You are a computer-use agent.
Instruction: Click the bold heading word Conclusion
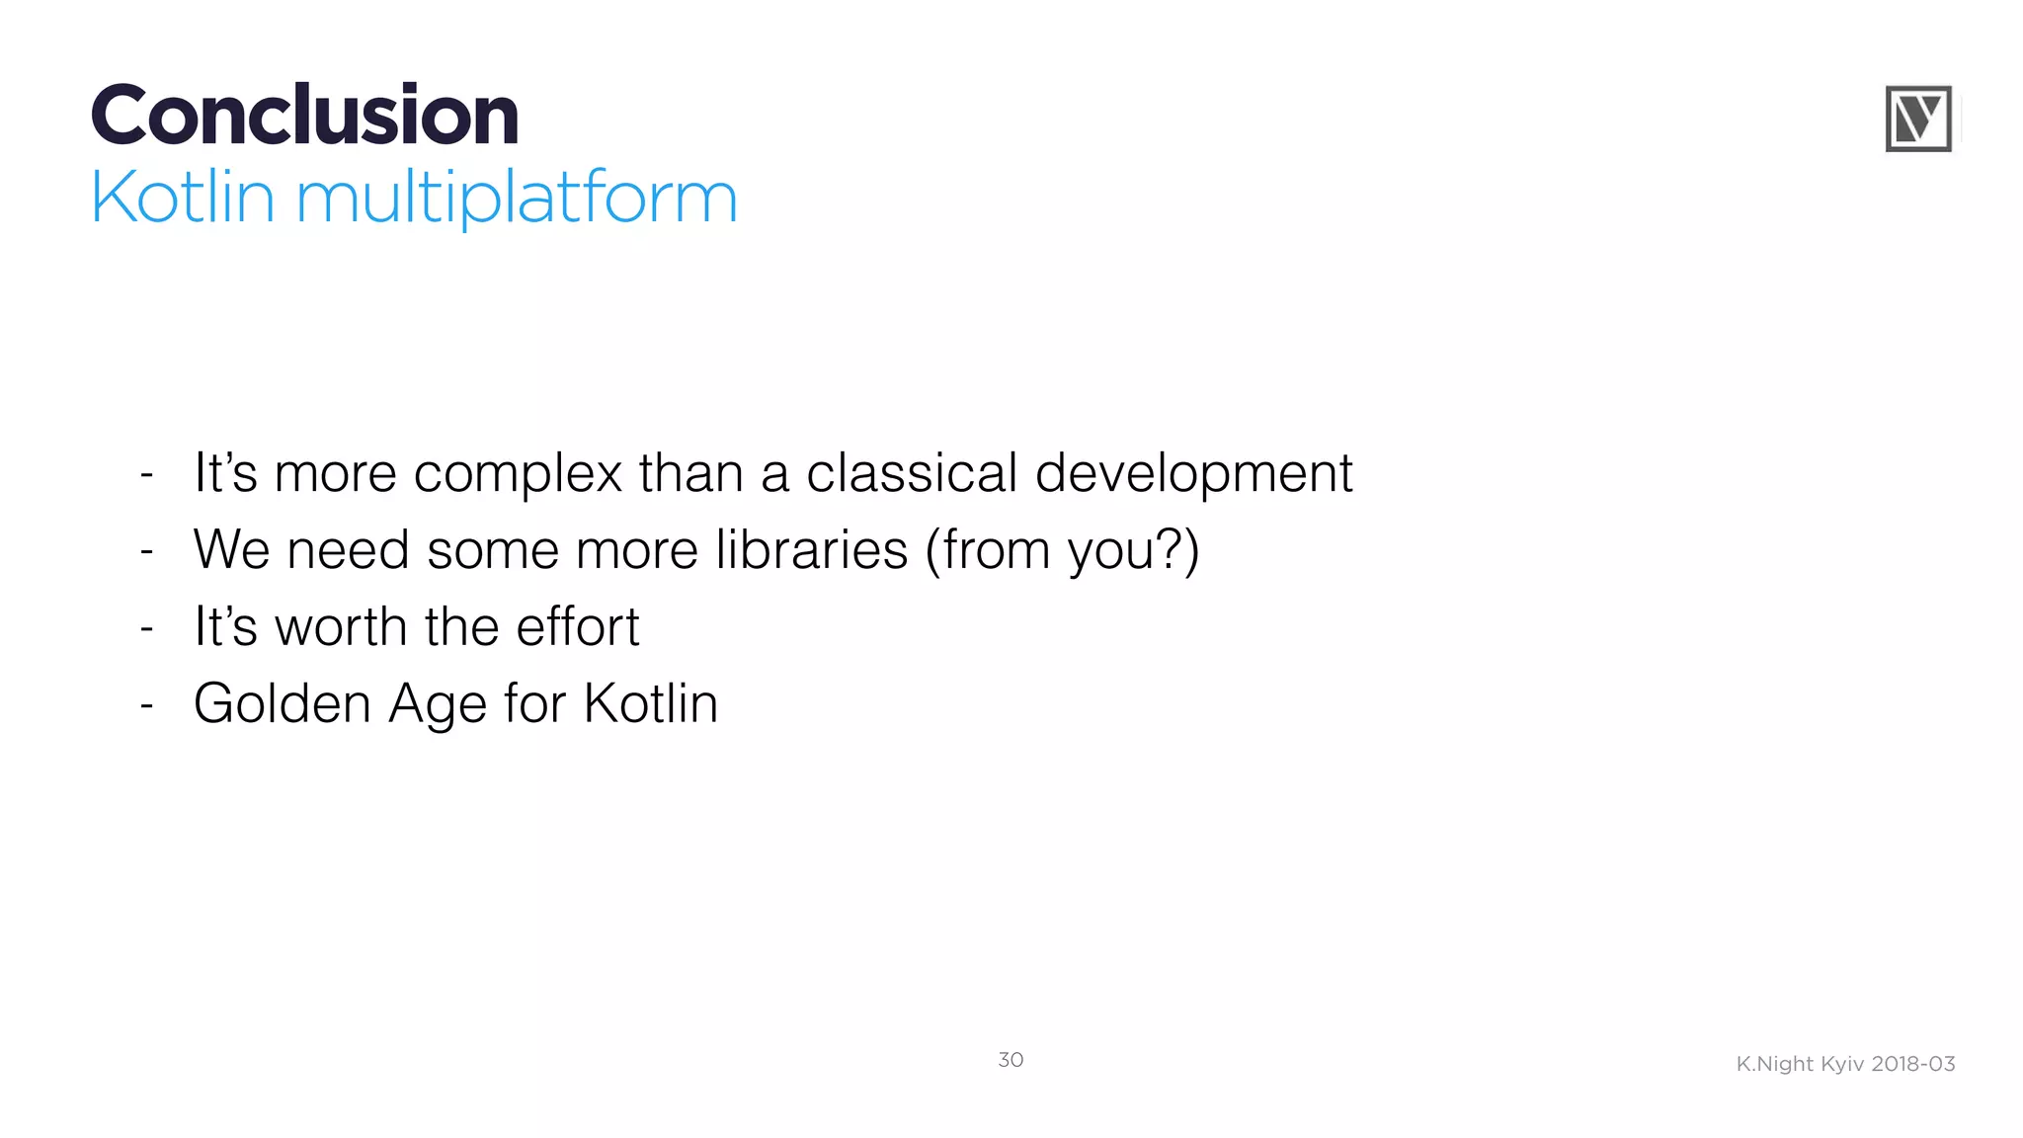tap(304, 116)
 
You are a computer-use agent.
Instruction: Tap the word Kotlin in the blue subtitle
tap(183, 198)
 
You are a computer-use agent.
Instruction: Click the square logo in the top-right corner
tap(1918, 119)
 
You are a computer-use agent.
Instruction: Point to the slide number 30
tap(1011, 1060)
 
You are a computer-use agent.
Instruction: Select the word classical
tap(911, 472)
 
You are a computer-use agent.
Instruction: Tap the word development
tap(1193, 474)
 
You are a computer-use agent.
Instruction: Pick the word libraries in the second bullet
tap(811, 549)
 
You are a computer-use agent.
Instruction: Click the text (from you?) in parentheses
tap(1062, 550)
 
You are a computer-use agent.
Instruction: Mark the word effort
tap(577, 626)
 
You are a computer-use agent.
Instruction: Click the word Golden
tap(282, 703)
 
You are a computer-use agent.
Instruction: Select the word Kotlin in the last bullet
tap(650, 703)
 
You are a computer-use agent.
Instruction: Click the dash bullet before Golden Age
tap(147, 705)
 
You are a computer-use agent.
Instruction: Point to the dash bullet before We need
tap(147, 551)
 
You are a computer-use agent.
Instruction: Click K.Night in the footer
tap(1775, 1065)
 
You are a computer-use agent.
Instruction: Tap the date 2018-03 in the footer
tap(1913, 1064)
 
